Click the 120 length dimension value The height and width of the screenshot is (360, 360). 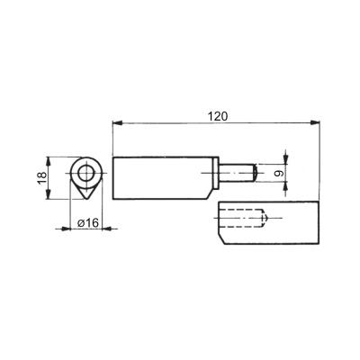pyautogui.click(x=218, y=116)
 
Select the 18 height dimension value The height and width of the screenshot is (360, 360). pyautogui.click(x=42, y=178)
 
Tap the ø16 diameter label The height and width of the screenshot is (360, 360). pyautogui.click(x=88, y=223)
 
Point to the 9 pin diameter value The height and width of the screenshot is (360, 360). pyautogui.click(x=279, y=173)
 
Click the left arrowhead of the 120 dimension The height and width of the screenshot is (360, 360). pyautogui.click(x=117, y=122)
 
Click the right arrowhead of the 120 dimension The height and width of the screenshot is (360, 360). pyautogui.click(x=315, y=122)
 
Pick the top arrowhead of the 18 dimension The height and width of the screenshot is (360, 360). pyautogui.click(x=48, y=162)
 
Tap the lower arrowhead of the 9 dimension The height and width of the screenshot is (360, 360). pyautogui.click(x=285, y=187)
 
